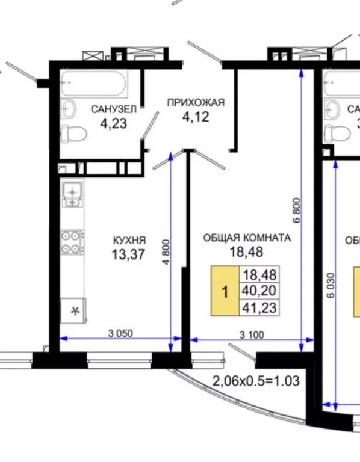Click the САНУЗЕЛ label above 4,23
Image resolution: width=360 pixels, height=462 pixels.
(x=113, y=109)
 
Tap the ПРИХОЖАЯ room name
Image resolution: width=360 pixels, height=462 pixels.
(x=196, y=102)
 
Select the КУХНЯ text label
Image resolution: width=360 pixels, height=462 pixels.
(x=129, y=241)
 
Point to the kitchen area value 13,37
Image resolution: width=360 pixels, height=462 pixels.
(x=128, y=254)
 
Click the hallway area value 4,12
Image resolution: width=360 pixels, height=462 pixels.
(x=196, y=117)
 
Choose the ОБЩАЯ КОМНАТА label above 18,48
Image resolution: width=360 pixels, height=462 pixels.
(x=246, y=238)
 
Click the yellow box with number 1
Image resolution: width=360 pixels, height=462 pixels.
(x=225, y=293)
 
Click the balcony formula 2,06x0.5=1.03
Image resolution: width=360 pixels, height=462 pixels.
(x=256, y=381)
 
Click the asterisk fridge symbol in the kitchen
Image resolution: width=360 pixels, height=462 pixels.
(x=75, y=311)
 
